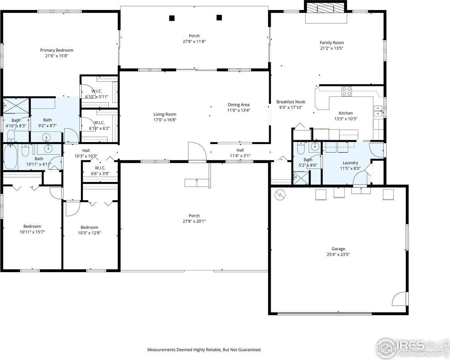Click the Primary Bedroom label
point(57,50)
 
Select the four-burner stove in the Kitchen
point(347,91)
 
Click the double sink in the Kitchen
point(378,111)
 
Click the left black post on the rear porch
point(172,18)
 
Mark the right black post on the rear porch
point(219,17)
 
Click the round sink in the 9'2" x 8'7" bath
point(47,137)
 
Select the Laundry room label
point(350,163)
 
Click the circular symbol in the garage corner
point(280,194)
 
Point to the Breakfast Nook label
point(290,102)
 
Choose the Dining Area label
point(238,105)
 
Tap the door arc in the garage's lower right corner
point(400,299)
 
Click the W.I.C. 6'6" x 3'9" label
point(100,168)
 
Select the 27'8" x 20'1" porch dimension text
point(194,221)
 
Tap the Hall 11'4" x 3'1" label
point(240,150)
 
